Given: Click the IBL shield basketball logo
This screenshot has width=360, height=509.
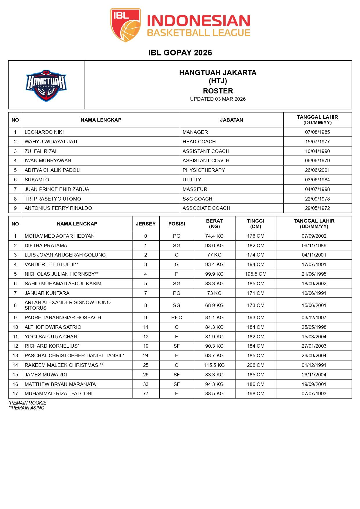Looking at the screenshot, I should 125,25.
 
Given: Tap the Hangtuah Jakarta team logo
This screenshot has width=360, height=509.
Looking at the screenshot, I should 46,85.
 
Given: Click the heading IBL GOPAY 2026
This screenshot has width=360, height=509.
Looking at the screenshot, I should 180,53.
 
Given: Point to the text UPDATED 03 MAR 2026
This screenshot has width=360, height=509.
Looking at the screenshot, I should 218,99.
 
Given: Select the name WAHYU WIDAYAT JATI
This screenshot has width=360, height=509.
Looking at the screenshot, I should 51,142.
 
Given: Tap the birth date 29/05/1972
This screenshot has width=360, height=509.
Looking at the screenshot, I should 317,208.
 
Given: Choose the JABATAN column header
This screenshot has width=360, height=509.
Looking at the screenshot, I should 231,120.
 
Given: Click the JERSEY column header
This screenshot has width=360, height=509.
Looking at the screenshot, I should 146,224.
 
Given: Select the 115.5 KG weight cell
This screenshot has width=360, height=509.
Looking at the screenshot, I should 214,365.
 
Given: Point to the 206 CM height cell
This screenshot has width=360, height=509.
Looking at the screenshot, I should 255,365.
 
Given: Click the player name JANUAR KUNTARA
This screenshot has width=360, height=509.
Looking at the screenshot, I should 47,293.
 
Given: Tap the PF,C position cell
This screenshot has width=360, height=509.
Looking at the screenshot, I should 177,317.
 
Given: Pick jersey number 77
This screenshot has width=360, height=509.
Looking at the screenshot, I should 146,394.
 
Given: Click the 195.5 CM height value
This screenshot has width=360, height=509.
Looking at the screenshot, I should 255,274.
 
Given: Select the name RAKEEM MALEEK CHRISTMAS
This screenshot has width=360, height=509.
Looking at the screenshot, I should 64,365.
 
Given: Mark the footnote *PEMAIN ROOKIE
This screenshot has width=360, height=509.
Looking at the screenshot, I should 28,403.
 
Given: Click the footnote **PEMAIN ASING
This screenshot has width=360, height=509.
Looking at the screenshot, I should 27,408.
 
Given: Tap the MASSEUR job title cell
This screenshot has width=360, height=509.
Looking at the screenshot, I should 195,189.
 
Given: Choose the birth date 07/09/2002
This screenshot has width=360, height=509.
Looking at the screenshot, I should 314,236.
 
